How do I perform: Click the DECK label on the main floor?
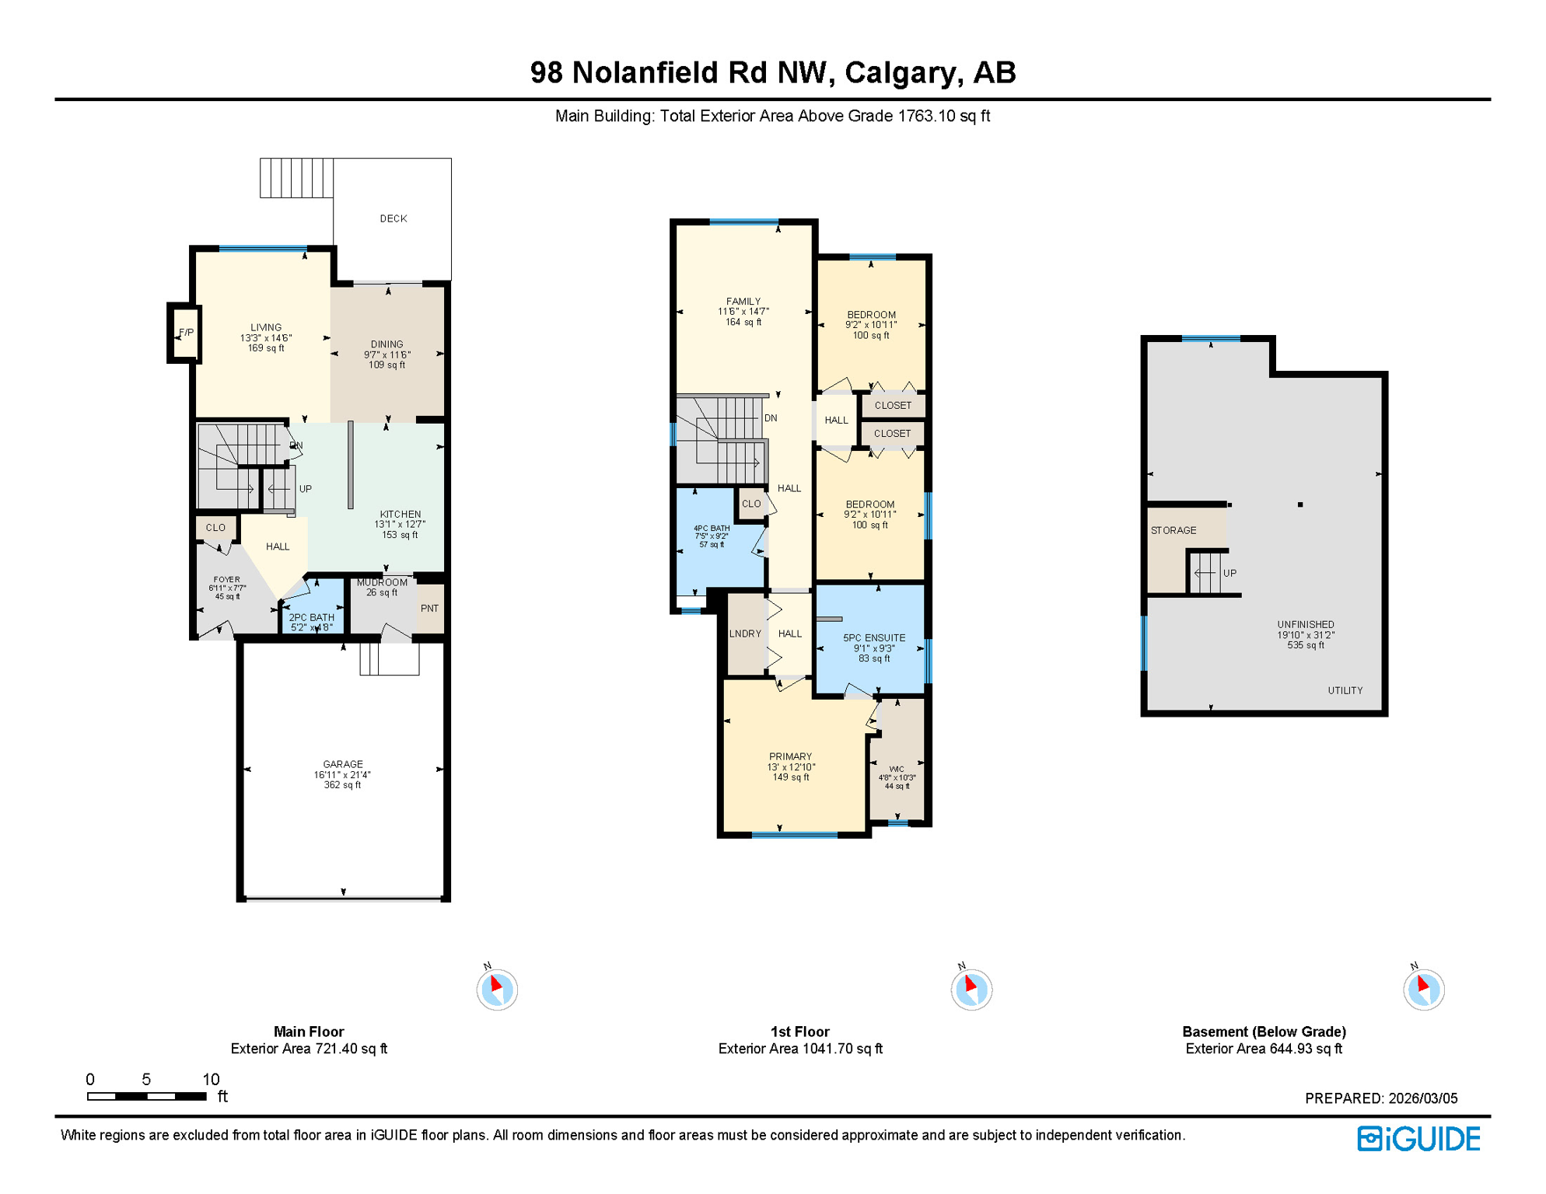pyautogui.click(x=393, y=218)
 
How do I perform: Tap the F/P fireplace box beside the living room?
pyautogui.click(x=185, y=333)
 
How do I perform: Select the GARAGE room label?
pyautogui.click(x=343, y=764)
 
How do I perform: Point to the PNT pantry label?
pyautogui.click(x=429, y=609)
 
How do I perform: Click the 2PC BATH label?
pyautogui.click(x=311, y=617)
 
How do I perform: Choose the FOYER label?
pyautogui.click(x=226, y=579)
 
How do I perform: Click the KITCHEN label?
pyautogui.click(x=400, y=514)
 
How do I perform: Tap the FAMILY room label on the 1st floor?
pyautogui.click(x=743, y=302)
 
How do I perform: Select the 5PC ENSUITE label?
pyautogui.click(x=874, y=637)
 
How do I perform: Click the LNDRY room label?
pyautogui.click(x=745, y=634)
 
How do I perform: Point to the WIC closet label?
pyautogui.click(x=897, y=769)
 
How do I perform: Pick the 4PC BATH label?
pyautogui.click(x=711, y=529)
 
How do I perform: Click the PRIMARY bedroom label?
pyautogui.click(x=790, y=756)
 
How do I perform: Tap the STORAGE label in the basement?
pyautogui.click(x=1173, y=530)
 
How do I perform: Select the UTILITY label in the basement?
pyautogui.click(x=1345, y=690)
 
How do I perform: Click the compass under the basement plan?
pyautogui.click(x=1423, y=990)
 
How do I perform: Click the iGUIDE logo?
pyautogui.click(x=1418, y=1139)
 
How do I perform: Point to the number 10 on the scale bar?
pyautogui.click(x=211, y=1079)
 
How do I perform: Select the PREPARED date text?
pyautogui.click(x=1380, y=1098)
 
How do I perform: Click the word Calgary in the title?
pyautogui.click(x=901, y=72)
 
